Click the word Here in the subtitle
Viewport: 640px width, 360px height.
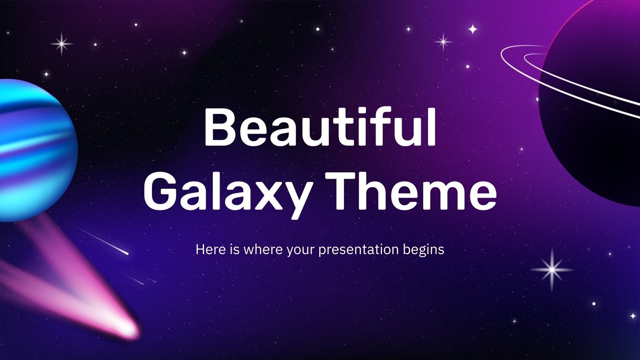click(206, 249)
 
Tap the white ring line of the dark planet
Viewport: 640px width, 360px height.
click(520, 56)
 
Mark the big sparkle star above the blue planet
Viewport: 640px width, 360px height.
click(62, 44)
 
